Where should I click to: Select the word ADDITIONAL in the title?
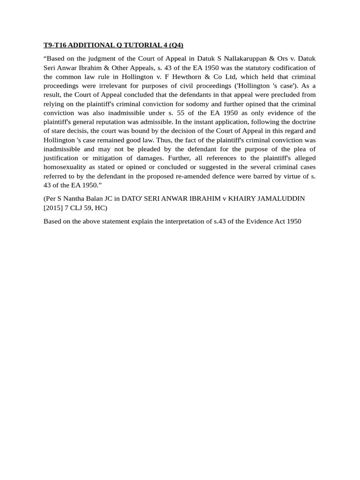[93, 45]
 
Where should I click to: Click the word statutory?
[257, 67]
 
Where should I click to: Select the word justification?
[63, 158]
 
